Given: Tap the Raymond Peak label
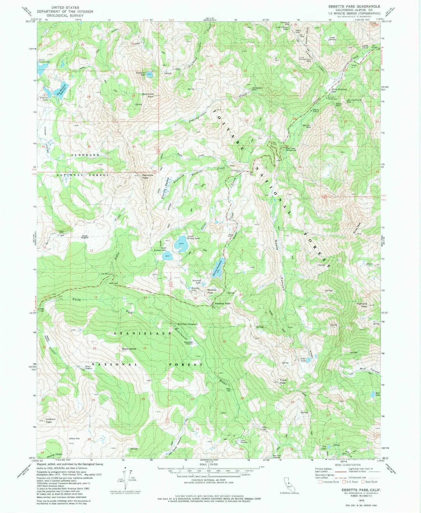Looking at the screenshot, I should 148,95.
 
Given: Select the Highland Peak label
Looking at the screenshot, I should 362,305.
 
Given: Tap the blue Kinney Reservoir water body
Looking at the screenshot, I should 218,268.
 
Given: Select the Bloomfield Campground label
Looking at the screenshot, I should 188,324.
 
